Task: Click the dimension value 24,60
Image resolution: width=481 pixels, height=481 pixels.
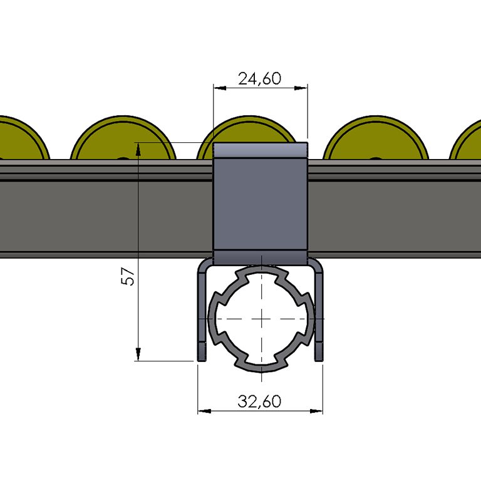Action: point(259,78)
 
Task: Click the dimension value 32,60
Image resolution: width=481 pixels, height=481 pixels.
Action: point(259,401)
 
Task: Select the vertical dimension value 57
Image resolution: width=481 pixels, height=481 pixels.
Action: point(128,276)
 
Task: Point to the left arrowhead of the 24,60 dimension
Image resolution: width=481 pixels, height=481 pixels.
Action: point(217,88)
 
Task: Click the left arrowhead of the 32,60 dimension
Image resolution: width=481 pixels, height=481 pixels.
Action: point(202,411)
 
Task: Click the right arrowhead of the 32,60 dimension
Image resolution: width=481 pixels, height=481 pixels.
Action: point(319,411)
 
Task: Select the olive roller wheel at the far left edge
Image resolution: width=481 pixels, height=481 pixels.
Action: point(19,141)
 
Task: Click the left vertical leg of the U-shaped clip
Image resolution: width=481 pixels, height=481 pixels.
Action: point(202,313)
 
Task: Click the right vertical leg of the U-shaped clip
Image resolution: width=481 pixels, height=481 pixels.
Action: point(319,313)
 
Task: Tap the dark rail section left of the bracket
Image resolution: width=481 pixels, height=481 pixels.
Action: point(106,216)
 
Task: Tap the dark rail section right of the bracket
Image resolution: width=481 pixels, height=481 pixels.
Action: point(395,216)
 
